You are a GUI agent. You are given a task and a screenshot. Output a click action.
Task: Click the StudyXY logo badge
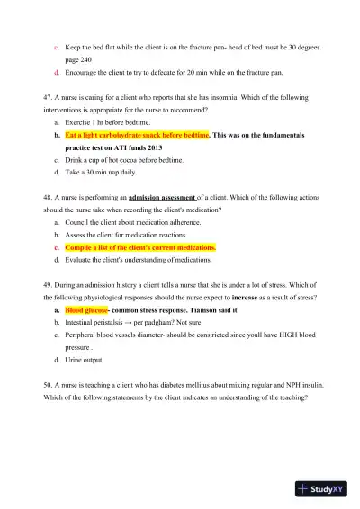click(324, 489)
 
